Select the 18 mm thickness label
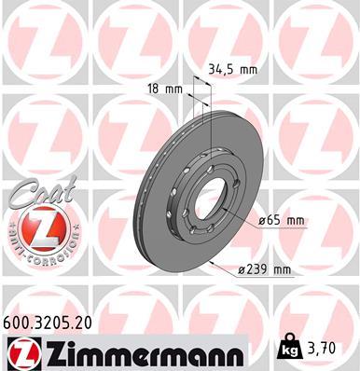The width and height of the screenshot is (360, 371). [x=166, y=89]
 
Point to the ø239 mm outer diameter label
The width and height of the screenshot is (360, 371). [x=265, y=269]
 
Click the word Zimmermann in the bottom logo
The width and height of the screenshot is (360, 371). [x=140, y=351]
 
